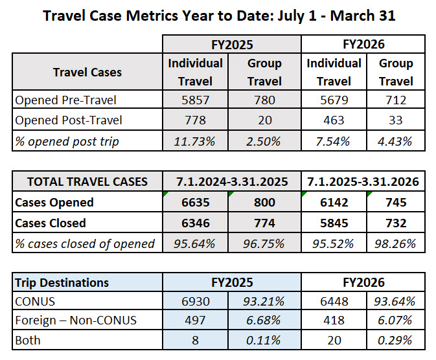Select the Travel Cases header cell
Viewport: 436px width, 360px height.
click(x=87, y=71)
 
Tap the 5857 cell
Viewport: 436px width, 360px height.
click(x=195, y=100)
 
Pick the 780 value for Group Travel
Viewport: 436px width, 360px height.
click(x=264, y=100)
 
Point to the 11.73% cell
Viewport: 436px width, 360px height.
click(x=195, y=141)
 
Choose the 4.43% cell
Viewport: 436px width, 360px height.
click(x=396, y=141)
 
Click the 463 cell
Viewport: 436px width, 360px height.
click(x=335, y=120)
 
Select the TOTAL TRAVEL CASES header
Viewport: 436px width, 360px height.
click(x=87, y=181)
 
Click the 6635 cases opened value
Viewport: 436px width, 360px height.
click(x=195, y=202)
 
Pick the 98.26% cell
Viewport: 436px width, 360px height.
click(x=396, y=243)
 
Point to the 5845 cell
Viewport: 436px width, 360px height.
click(x=335, y=223)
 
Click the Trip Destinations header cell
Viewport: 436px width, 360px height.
click(x=62, y=282)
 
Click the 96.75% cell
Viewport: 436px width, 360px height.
click(x=264, y=243)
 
